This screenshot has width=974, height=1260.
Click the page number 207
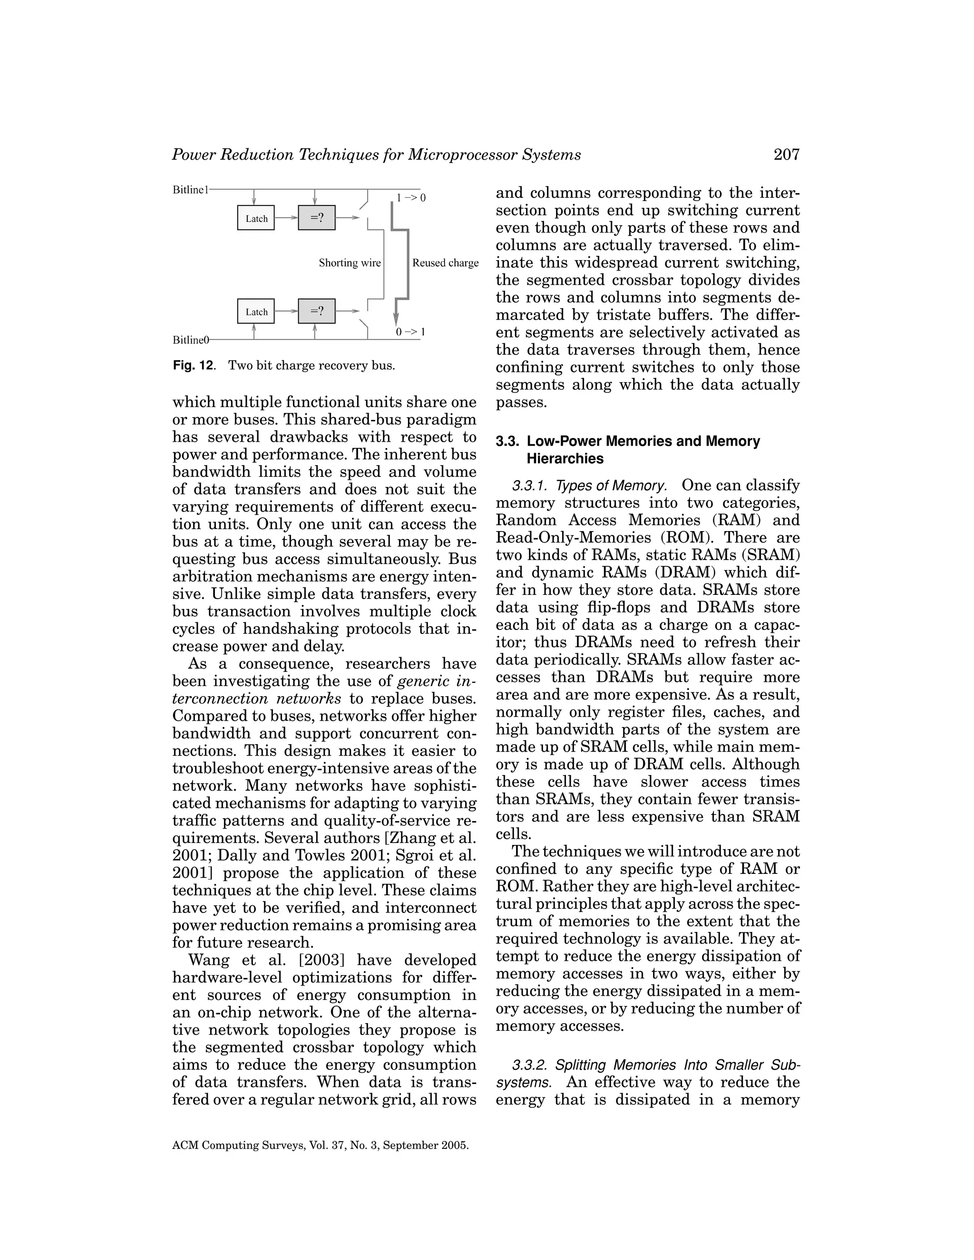pos(787,155)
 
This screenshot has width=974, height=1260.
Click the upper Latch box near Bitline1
pos(256,218)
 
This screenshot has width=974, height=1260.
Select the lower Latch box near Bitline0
pos(256,311)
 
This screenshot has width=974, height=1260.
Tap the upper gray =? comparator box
pos(316,218)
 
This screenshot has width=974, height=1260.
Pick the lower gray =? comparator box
pos(316,311)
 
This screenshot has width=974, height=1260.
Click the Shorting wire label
pos(350,263)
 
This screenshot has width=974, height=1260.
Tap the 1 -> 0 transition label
pos(411,198)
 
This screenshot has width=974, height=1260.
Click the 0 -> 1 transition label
pos(410,332)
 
